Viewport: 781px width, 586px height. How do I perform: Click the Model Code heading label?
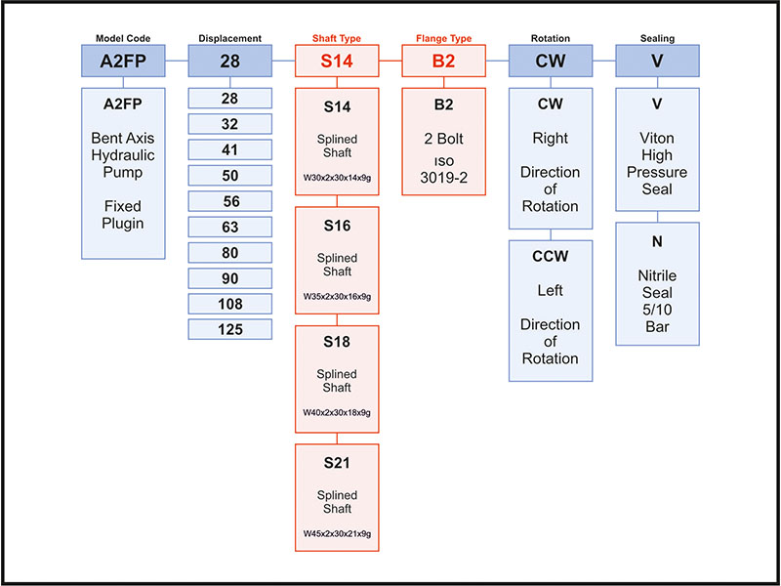(122, 38)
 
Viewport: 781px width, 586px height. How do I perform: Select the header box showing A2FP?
(122, 61)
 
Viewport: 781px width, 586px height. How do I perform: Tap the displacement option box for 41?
(230, 148)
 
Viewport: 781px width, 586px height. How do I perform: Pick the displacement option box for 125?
(230, 329)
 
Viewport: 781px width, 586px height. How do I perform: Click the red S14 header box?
(337, 61)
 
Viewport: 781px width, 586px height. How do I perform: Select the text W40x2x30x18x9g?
(337, 412)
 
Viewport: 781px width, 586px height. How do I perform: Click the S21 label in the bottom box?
(337, 462)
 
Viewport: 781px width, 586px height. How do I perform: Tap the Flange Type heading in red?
(444, 38)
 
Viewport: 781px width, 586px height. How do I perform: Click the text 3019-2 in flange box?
(444, 179)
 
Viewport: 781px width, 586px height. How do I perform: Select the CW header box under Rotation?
(551, 61)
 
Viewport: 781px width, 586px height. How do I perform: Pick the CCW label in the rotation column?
(551, 256)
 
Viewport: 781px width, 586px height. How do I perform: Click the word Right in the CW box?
(551, 138)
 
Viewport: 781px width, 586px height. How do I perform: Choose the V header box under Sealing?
(657, 61)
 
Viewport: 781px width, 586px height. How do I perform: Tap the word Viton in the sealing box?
(657, 138)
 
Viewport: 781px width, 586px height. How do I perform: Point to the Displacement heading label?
(230, 38)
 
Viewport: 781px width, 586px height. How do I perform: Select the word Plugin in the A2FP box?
(122, 224)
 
